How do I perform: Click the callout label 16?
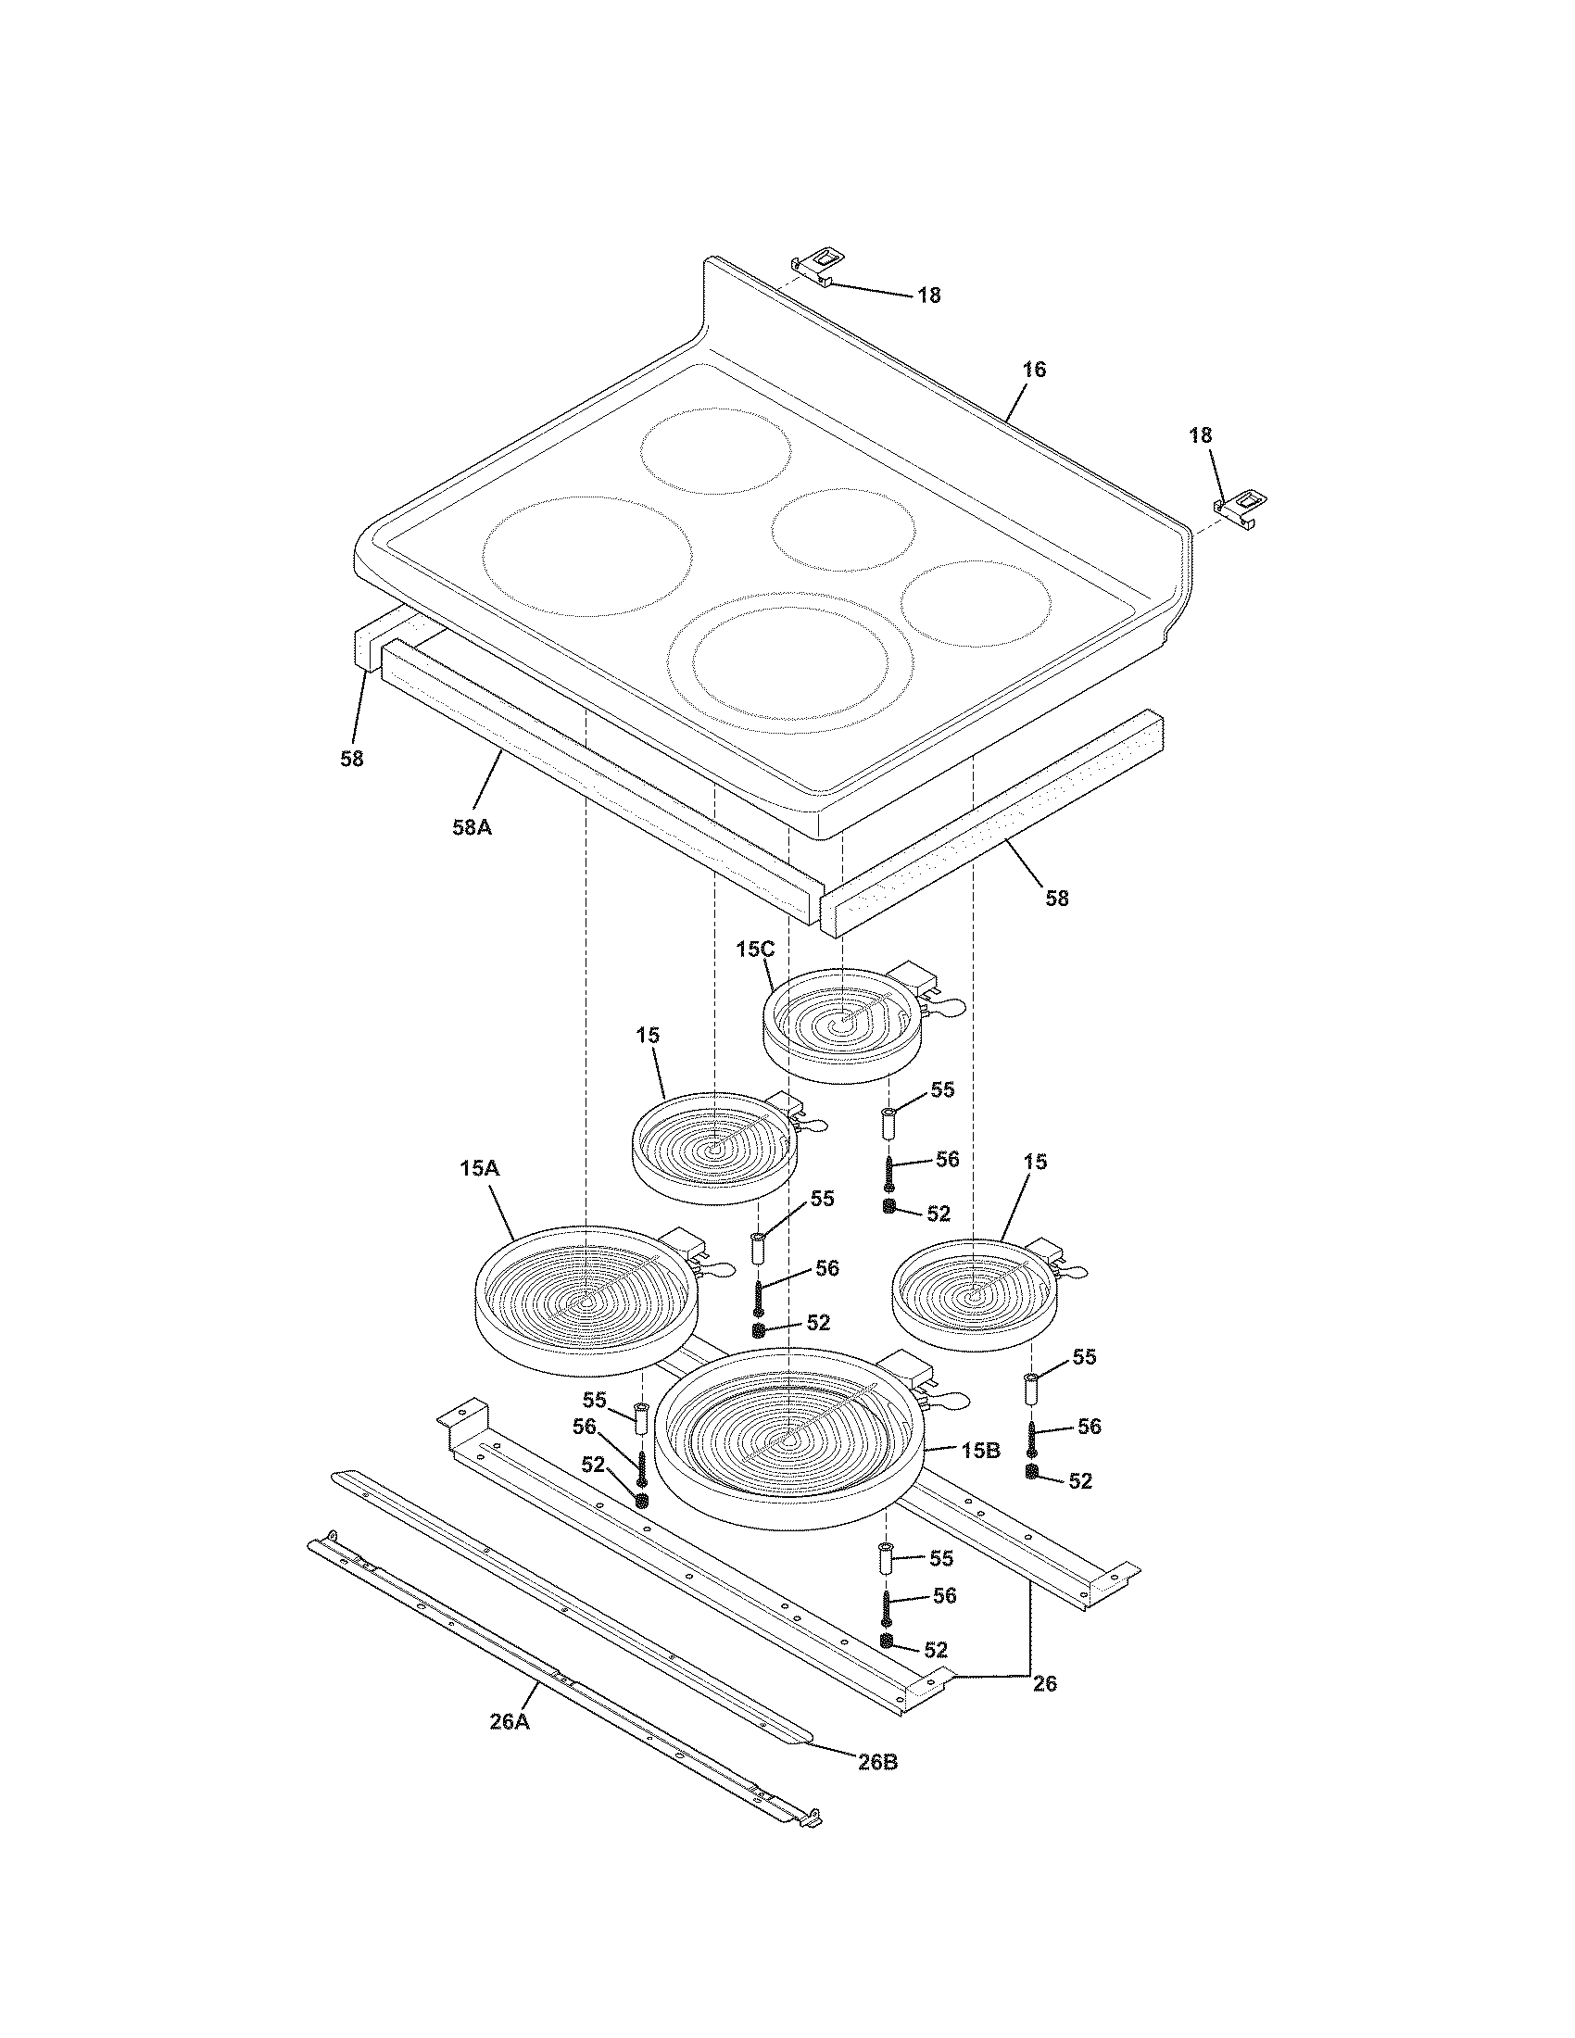1034,369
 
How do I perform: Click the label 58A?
472,825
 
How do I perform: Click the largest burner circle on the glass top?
587,556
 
